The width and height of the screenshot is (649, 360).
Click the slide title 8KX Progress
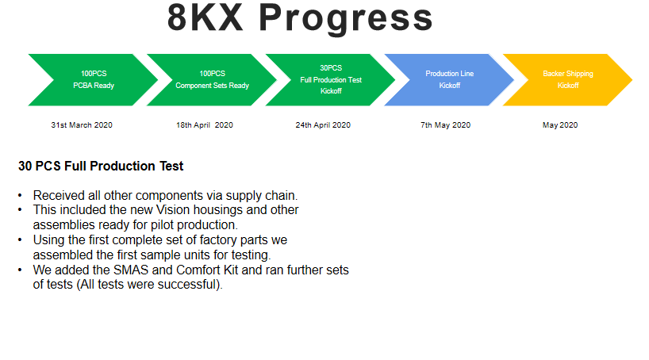300,18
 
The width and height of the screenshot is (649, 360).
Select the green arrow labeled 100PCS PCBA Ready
94,80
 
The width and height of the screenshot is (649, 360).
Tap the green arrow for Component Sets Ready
213,80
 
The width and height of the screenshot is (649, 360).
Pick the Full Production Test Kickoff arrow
331,80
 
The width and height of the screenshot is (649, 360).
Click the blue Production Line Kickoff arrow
450,80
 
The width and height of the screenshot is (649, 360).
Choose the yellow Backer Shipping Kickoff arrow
568,80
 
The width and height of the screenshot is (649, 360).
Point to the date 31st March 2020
82,125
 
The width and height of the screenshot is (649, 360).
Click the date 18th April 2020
205,125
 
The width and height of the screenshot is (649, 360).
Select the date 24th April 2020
323,125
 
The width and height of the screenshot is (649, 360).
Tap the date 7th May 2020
445,125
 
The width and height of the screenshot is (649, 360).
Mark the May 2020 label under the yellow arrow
560,125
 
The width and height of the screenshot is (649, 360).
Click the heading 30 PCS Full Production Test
101,166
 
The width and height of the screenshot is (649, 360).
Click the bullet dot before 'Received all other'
20,195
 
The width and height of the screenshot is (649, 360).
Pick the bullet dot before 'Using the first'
20,240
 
